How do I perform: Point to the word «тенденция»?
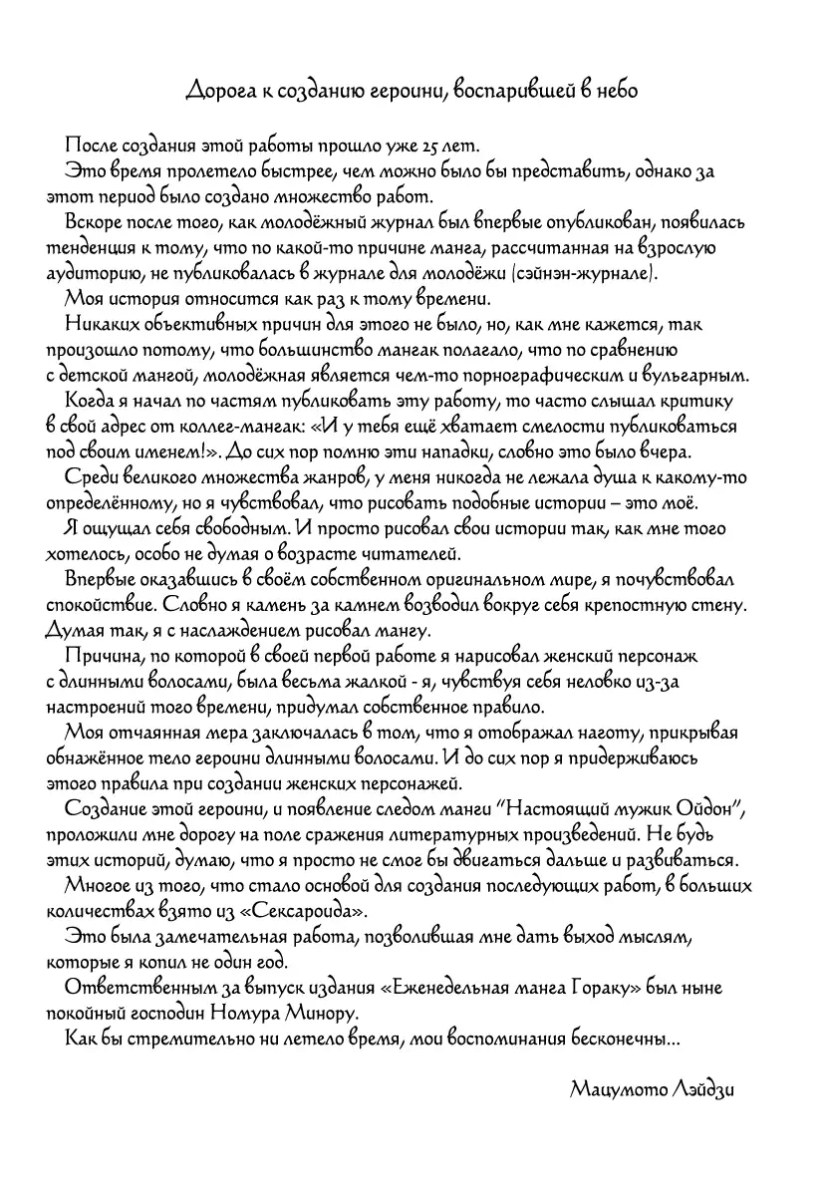click(x=91, y=246)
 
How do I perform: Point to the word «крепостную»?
click(x=644, y=606)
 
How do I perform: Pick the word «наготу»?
click(x=598, y=734)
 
